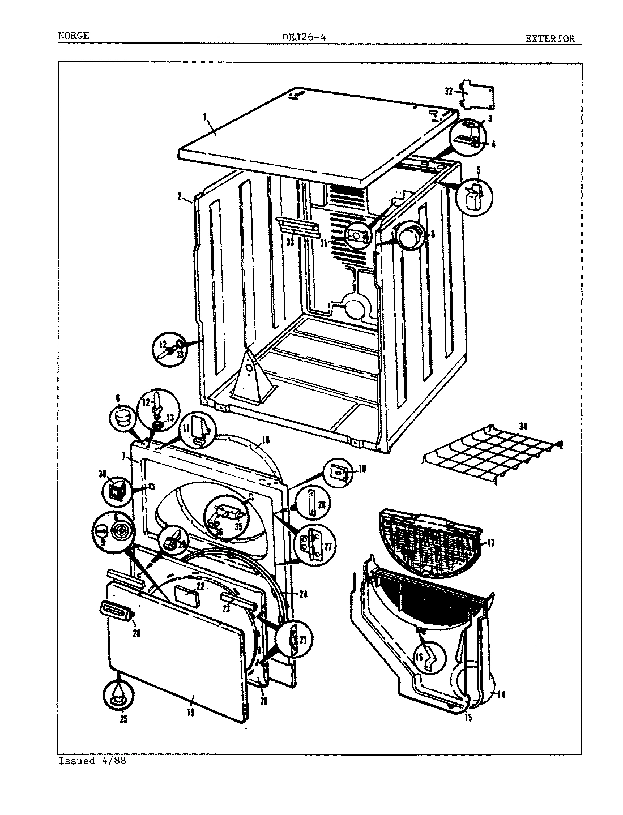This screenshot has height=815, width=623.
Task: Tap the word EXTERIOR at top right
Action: point(549,39)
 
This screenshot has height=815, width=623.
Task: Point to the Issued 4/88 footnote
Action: point(92,761)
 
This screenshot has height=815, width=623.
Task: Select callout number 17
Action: point(490,543)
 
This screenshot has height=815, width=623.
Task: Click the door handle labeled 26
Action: point(115,610)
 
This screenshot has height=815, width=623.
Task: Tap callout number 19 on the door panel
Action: point(190,713)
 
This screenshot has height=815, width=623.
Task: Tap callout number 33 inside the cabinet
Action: point(290,242)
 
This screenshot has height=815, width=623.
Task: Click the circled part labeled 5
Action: point(475,196)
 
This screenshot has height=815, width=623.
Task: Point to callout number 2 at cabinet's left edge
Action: point(179,197)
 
